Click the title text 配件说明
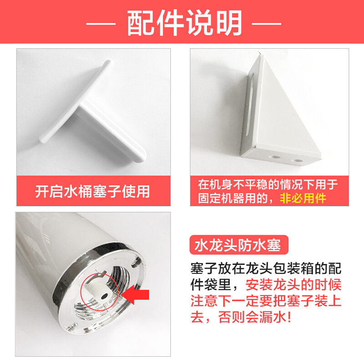tap(185, 23)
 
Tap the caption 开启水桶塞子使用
tap(93, 191)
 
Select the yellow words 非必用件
tap(303, 198)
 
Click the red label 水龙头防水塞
tap(238, 245)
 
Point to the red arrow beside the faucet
tap(135, 294)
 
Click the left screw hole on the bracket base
tap(275, 157)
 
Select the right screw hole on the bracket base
tap(297, 161)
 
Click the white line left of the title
tap(101, 24)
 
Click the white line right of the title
tap(267, 24)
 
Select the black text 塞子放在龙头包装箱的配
tap(266, 268)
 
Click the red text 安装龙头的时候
tap(293, 285)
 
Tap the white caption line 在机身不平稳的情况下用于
tap(268, 185)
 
